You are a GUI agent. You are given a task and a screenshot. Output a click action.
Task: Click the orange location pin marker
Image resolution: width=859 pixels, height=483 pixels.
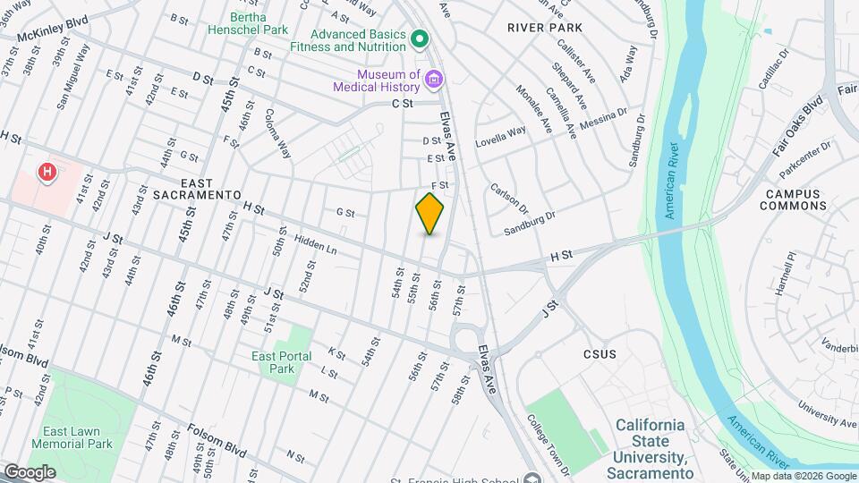point(429,213)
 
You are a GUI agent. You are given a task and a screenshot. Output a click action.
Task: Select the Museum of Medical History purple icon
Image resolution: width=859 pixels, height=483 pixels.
point(434,80)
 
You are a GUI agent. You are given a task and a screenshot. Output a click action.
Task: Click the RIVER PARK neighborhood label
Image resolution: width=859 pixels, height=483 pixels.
point(545,28)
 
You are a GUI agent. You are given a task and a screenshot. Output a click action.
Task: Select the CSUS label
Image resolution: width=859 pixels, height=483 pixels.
point(600,354)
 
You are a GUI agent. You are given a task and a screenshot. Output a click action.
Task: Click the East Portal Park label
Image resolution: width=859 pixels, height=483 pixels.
point(282,362)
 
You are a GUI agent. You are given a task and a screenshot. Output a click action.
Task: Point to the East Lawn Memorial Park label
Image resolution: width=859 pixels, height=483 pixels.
point(72,437)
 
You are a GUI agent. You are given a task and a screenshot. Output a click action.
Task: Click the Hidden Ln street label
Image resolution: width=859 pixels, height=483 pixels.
point(314,242)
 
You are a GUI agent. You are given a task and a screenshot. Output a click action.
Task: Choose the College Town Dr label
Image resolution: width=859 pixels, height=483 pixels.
point(549,442)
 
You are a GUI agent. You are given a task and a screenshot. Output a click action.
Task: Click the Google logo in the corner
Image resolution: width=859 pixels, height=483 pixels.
point(30,471)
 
